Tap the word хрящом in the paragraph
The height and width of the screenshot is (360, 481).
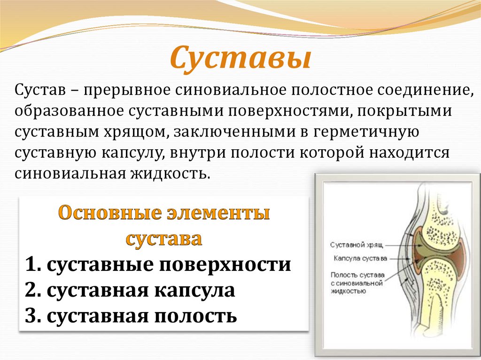coord(132,132)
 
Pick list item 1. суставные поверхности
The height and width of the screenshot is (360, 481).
coord(158,265)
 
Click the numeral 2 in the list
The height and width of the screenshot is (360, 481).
coord(31,291)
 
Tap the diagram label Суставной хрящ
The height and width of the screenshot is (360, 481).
coord(357,245)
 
